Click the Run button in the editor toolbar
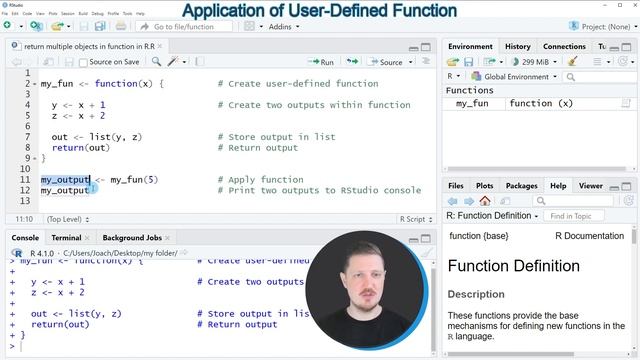[x=320, y=62]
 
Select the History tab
[x=517, y=46]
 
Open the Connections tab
[x=564, y=46]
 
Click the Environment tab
[x=470, y=46]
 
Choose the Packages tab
[x=521, y=185]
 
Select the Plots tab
[x=484, y=185]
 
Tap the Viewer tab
[x=590, y=185]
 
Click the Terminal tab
[x=66, y=238]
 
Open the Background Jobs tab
[x=131, y=238]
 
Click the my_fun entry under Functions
[x=472, y=103]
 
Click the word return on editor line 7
[x=68, y=148]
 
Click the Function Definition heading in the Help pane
[x=513, y=266]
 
